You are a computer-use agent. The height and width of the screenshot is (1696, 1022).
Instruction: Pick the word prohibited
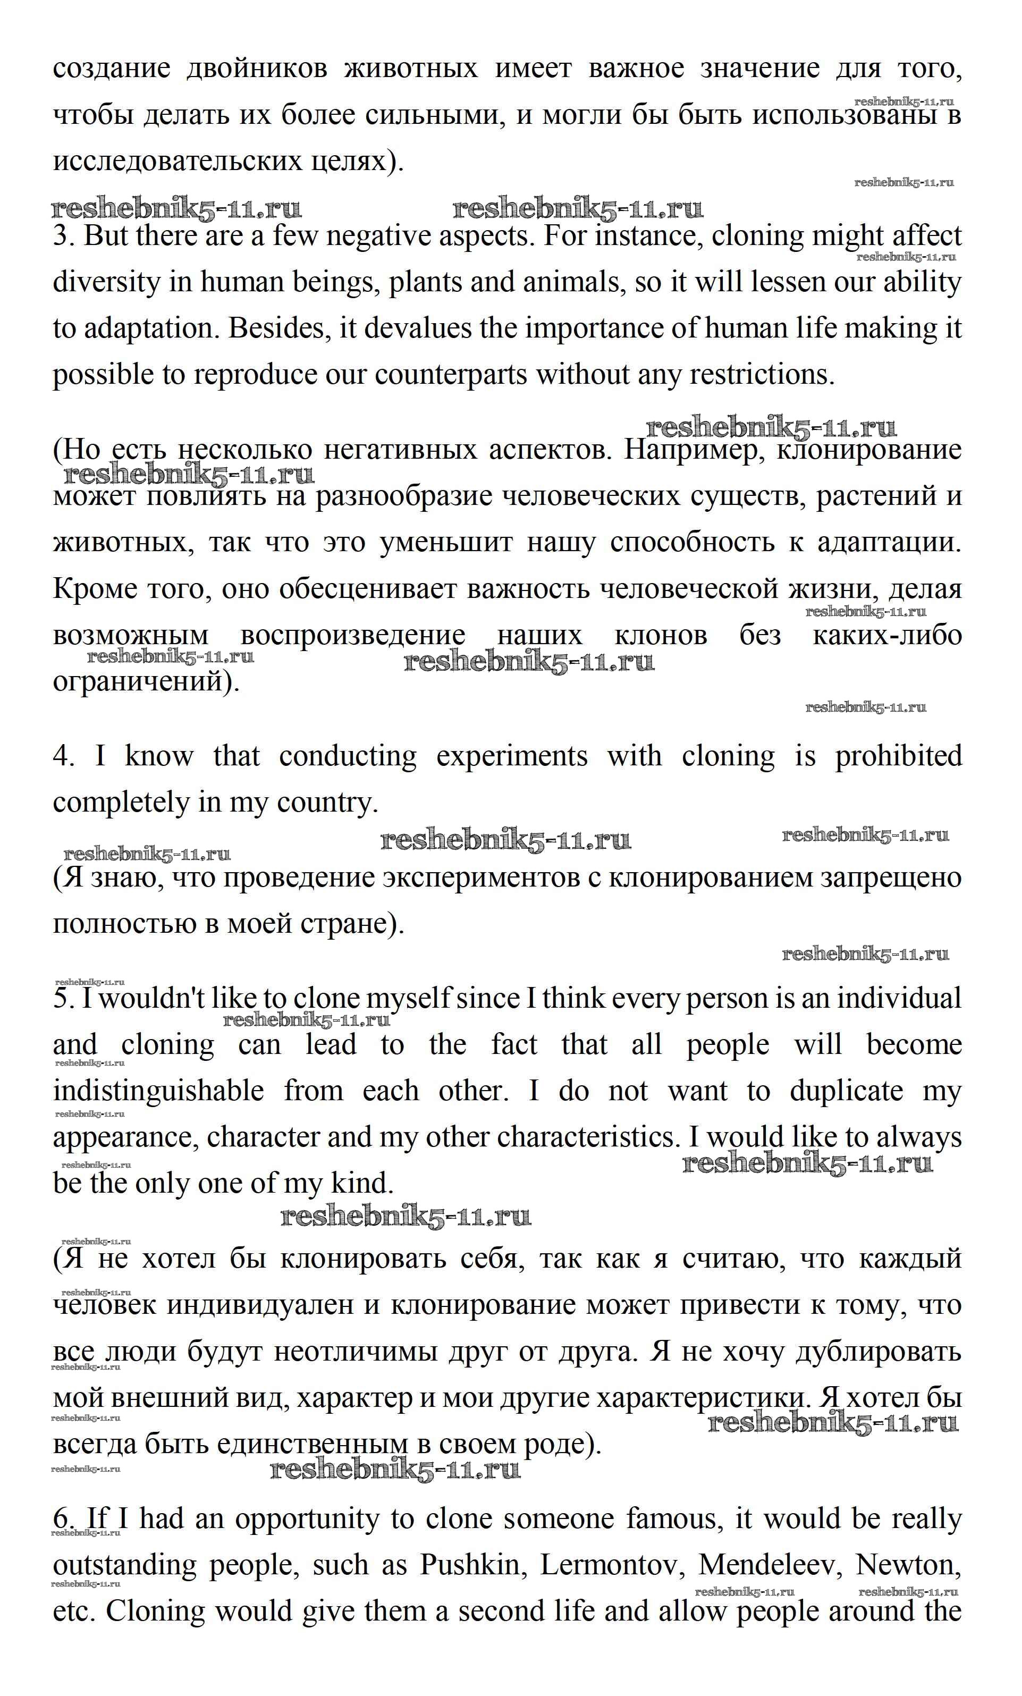click(898, 756)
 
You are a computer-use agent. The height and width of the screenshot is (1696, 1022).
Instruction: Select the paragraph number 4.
click(62, 756)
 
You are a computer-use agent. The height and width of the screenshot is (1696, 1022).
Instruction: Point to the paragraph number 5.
click(62, 999)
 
